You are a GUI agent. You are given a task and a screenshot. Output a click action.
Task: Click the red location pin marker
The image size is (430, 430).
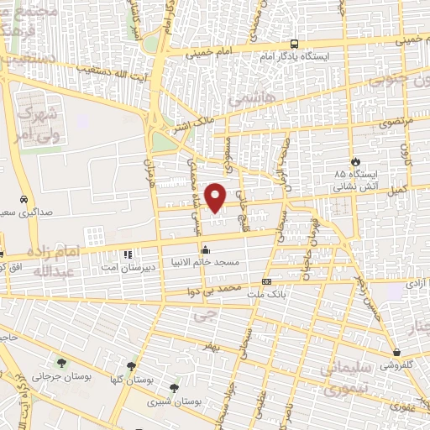[x=216, y=197]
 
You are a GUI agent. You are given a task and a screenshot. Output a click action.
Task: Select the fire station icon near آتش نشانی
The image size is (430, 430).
[x=356, y=160]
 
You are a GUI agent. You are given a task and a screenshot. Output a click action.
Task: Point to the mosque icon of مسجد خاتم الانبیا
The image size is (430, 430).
[x=206, y=249]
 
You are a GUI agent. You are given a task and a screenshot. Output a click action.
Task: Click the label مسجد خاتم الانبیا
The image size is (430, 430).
[x=206, y=263]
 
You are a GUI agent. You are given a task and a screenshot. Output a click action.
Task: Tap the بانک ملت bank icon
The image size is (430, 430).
[x=266, y=282]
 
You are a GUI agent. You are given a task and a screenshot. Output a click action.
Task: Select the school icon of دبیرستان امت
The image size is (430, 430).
[x=128, y=254]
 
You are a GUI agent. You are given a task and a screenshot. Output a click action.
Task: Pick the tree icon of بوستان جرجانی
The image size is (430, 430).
[x=61, y=363]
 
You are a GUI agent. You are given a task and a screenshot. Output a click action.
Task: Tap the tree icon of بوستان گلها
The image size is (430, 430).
[x=131, y=366]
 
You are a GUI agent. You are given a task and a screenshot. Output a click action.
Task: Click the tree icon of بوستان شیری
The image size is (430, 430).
[x=174, y=388]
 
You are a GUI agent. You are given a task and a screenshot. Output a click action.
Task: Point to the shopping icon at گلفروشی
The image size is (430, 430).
[x=396, y=352]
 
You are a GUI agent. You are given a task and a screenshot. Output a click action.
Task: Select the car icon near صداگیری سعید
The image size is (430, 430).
[x=24, y=200]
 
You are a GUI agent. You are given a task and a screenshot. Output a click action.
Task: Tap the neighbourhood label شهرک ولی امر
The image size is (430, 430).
[x=39, y=122]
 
